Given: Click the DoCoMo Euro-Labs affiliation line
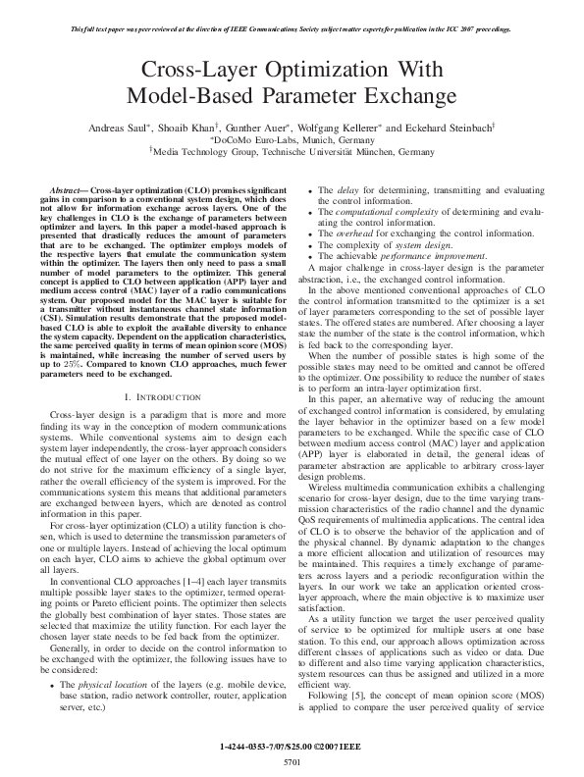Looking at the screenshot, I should [x=292, y=140].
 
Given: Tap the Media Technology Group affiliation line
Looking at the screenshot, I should [x=292, y=153].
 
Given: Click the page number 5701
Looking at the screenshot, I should [x=292, y=760].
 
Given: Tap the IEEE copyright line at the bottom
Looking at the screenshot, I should [x=292, y=747].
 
